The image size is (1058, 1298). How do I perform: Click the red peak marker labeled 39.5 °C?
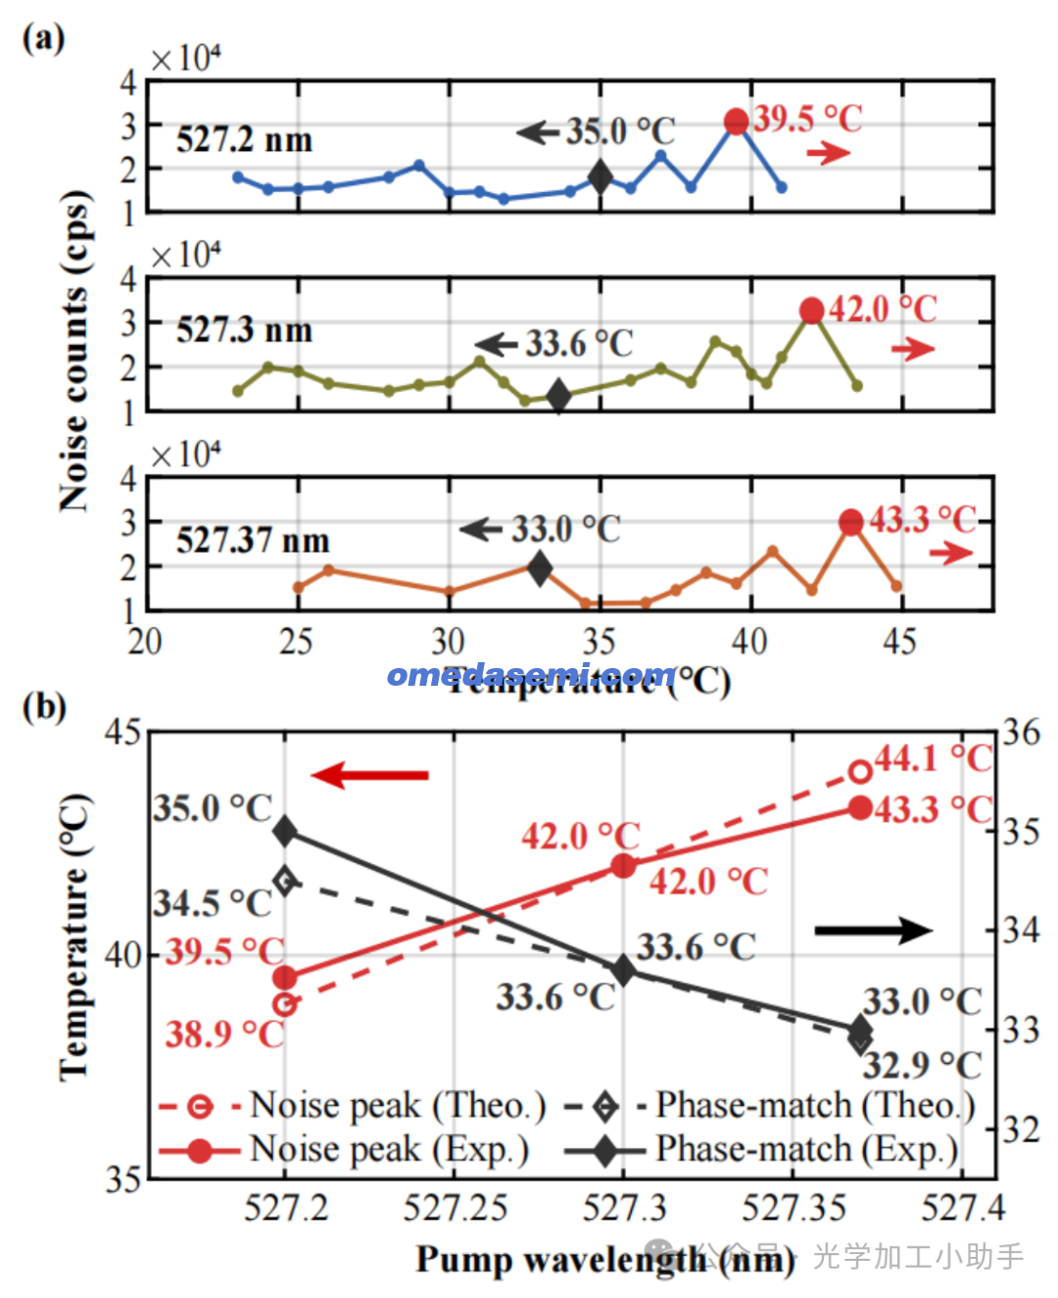(x=737, y=121)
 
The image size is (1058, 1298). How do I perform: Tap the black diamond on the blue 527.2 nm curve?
(x=601, y=177)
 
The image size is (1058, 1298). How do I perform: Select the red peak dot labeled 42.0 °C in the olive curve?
(x=811, y=311)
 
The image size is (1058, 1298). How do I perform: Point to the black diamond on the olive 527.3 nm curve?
(x=558, y=396)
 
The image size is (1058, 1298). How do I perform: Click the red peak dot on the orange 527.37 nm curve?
(x=851, y=522)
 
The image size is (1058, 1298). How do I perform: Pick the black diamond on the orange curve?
(x=540, y=567)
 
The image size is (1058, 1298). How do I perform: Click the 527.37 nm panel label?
(x=253, y=541)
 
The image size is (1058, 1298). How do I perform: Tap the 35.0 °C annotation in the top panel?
(x=620, y=131)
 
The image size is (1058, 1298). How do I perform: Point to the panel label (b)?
(x=44, y=706)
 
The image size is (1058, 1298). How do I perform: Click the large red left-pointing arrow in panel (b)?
(x=369, y=776)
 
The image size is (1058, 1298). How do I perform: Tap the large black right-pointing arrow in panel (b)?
(x=873, y=930)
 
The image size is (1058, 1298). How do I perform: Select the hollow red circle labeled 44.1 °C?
(x=860, y=772)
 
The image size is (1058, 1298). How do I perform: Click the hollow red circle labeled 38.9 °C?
(x=285, y=1004)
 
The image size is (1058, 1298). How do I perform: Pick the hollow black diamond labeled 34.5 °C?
(x=285, y=881)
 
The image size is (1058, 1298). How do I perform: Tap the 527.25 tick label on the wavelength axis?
(x=455, y=1208)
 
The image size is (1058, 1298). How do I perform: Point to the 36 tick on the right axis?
(x=1021, y=733)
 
